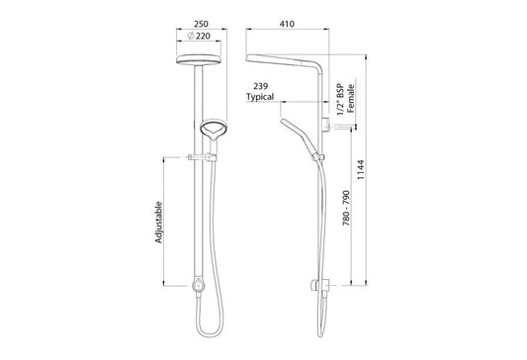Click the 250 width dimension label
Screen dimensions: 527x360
pyautogui.click(x=201, y=24)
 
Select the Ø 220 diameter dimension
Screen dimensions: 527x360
pyautogui.click(x=199, y=36)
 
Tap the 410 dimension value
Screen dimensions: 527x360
pyautogui.click(x=287, y=24)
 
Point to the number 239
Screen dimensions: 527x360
pyautogui.click(x=260, y=86)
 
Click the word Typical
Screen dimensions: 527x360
pyautogui.click(x=260, y=97)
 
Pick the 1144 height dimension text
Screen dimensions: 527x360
pyautogui.click(x=361, y=170)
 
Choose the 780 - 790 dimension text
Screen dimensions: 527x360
pyautogui.click(x=346, y=208)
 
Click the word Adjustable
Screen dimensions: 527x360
pyautogui.click(x=158, y=223)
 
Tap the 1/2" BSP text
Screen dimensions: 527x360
pyautogui.click(x=340, y=100)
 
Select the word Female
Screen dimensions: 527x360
pyautogui.click(x=351, y=98)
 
